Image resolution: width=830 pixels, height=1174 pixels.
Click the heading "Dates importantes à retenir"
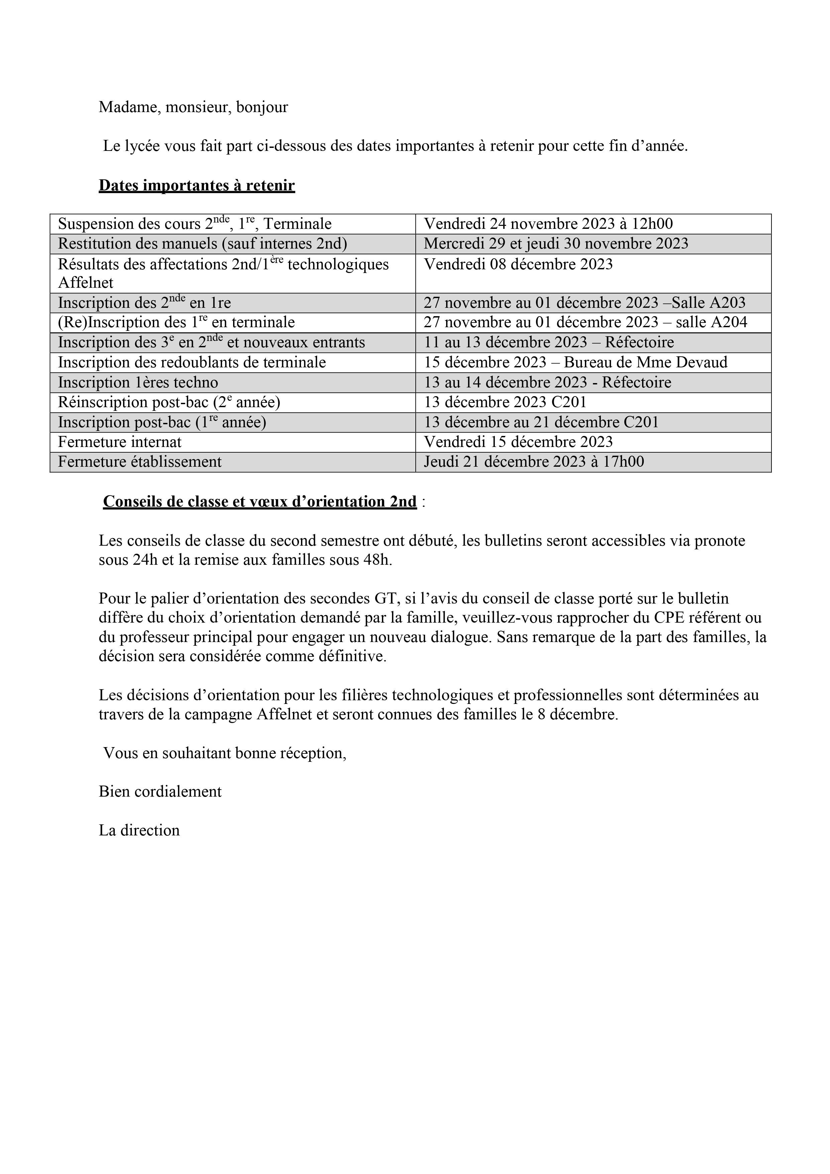pyautogui.click(x=197, y=186)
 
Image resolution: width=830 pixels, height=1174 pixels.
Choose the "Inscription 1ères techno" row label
pyautogui.click(x=138, y=382)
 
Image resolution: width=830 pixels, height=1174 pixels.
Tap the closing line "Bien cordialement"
pyautogui.click(x=160, y=792)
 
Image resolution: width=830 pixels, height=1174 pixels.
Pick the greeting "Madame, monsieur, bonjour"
pyautogui.click(x=193, y=107)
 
